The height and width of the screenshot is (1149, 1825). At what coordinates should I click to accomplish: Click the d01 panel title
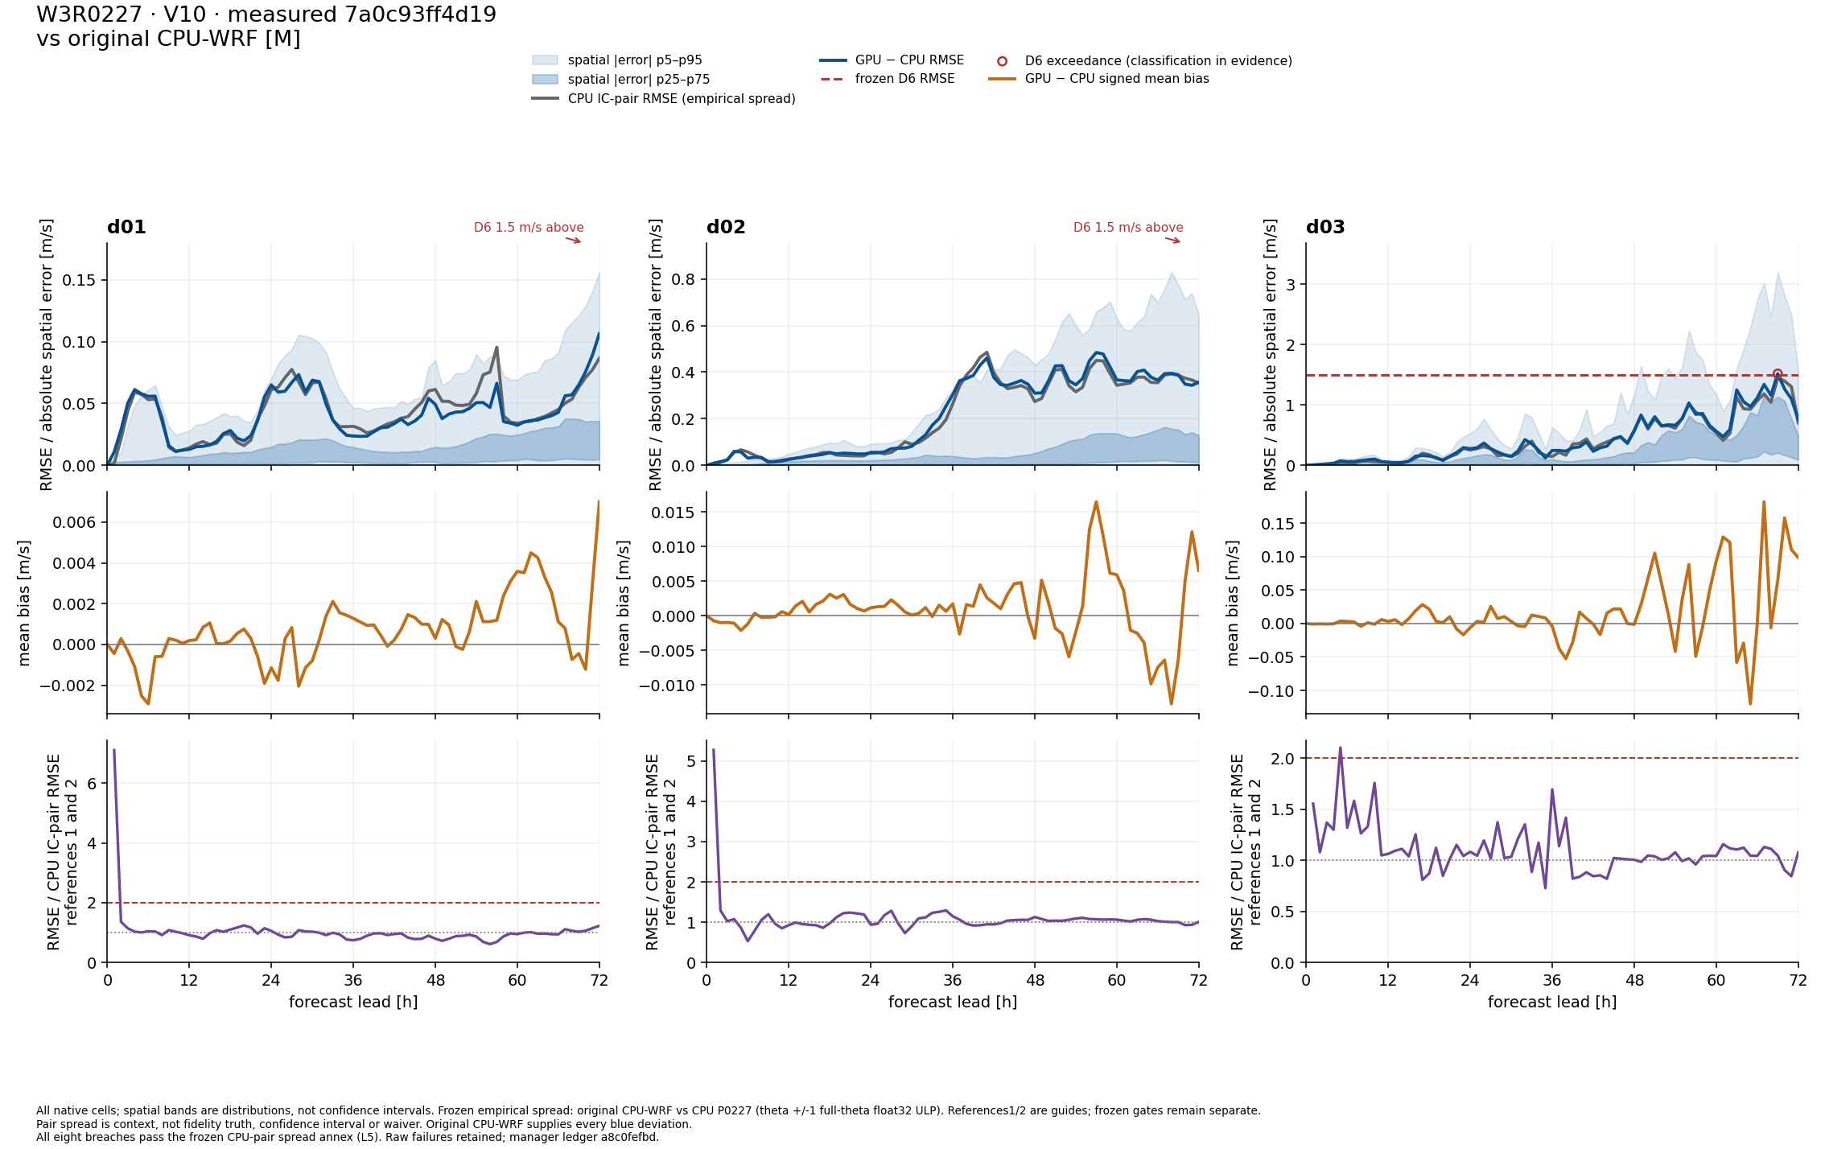(x=126, y=227)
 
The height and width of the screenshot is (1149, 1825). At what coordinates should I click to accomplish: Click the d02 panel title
(x=726, y=227)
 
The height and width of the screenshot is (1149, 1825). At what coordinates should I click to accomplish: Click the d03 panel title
(x=1325, y=227)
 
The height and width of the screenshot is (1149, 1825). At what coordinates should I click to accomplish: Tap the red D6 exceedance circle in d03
(x=1778, y=374)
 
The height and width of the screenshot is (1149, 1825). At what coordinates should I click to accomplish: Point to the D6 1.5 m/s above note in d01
(x=529, y=228)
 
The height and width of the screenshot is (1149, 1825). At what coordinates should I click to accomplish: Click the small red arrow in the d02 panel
(x=1172, y=240)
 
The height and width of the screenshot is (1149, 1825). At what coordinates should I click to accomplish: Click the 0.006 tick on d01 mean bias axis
(x=74, y=522)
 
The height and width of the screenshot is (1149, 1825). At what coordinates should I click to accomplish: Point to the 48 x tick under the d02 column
(x=1035, y=980)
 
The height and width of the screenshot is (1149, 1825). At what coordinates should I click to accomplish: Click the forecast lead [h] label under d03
(x=1552, y=1002)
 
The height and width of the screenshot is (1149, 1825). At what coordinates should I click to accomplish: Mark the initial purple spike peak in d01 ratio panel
(x=114, y=750)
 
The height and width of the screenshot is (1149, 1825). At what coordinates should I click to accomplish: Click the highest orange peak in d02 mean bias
(x=1096, y=502)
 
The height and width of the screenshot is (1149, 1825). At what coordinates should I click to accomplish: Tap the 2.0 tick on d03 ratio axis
(x=1283, y=759)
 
